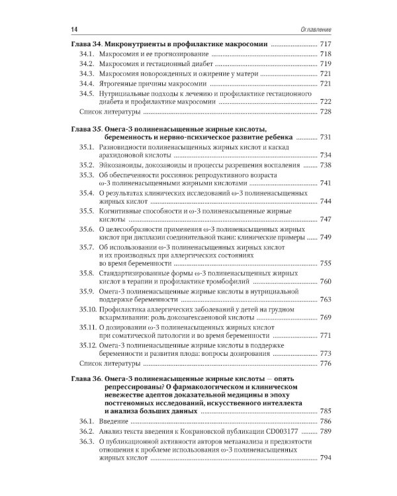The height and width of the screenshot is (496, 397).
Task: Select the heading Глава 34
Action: [x=85, y=44]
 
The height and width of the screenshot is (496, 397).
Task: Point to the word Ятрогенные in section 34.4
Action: [x=122, y=84]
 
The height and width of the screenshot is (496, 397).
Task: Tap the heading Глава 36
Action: [x=85, y=380]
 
